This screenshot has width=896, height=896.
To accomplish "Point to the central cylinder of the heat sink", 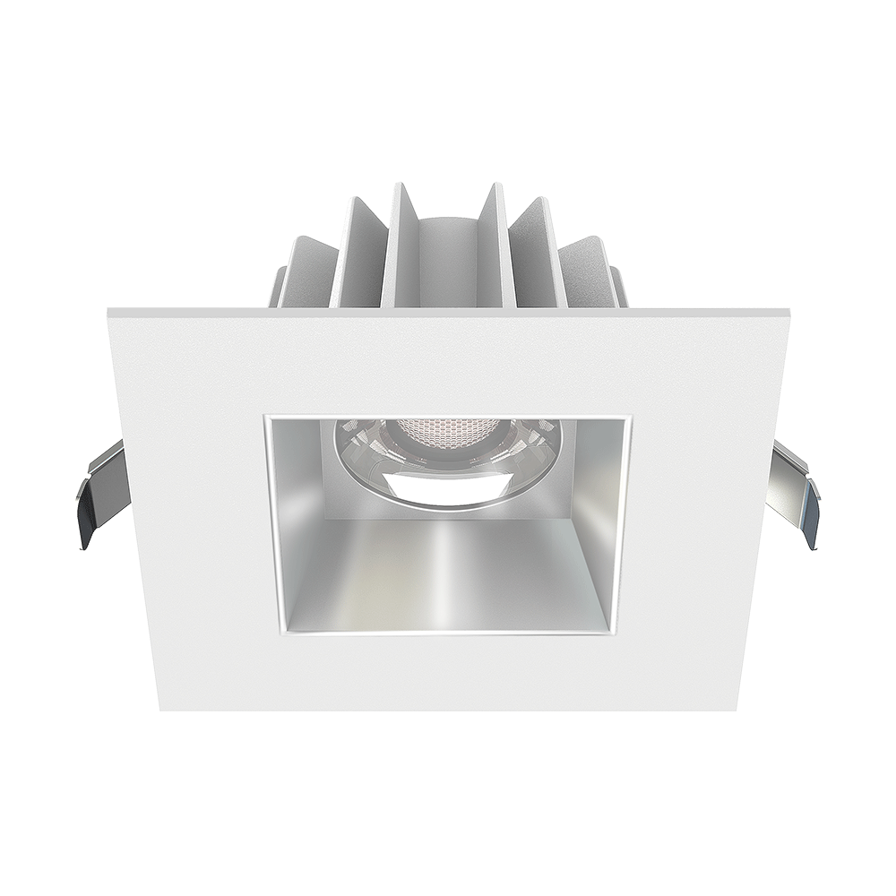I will [x=445, y=260].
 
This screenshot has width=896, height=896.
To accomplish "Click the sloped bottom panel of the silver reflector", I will [x=448, y=573].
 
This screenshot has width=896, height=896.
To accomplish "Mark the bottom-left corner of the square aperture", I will [x=269, y=634].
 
